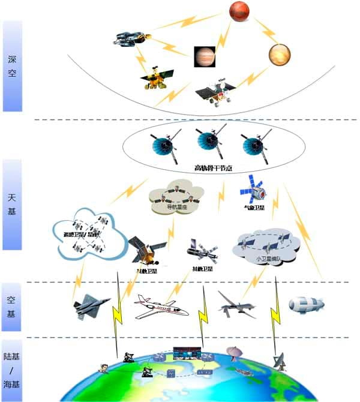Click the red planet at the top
click(239, 11)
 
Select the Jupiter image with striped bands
click(203, 56)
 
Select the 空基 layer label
click(12, 306)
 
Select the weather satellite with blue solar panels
click(252, 190)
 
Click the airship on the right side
click(306, 304)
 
